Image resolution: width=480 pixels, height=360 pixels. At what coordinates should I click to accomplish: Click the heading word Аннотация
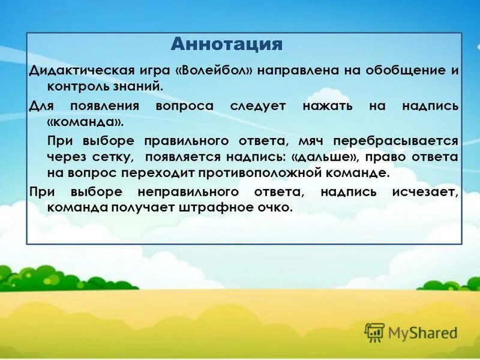(x=226, y=44)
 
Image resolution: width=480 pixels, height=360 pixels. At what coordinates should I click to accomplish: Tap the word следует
(x=254, y=106)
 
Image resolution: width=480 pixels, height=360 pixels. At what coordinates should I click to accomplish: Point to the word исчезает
(x=426, y=192)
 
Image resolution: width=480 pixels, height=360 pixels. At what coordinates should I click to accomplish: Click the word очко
(x=275, y=208)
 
